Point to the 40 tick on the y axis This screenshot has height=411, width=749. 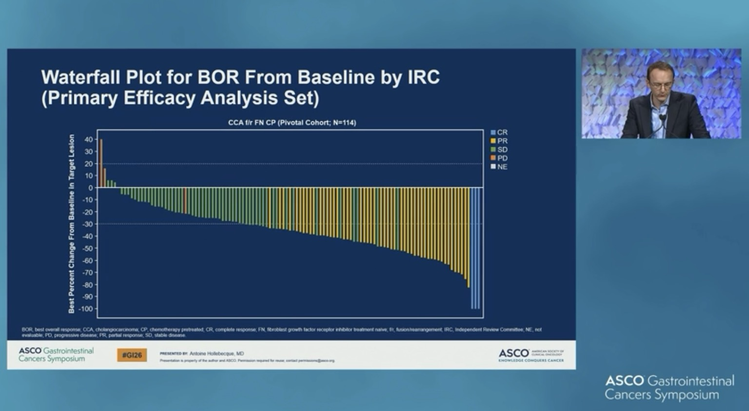88,140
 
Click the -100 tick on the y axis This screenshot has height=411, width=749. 86,309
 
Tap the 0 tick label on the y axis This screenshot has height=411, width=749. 90,188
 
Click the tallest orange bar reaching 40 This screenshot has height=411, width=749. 101,164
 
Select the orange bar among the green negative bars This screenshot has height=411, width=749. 185,200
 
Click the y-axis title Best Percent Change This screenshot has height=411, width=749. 72,224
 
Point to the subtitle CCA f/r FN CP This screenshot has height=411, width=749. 292,123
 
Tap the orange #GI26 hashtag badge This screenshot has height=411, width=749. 132,355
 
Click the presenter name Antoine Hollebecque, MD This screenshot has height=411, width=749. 217,353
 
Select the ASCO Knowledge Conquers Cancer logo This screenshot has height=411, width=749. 531,355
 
